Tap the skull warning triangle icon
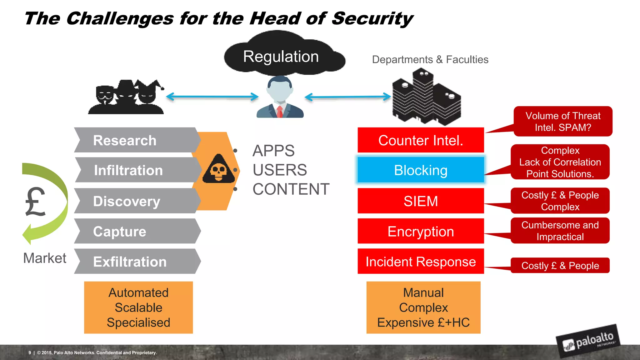(x=219, y=170)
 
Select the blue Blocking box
(x=421, y=170)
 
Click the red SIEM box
(x=421, y=201)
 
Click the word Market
(x=45, y=258)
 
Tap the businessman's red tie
(x=280, y=111)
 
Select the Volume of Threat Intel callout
(x=563, y=122)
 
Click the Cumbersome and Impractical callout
(x=560, y=231)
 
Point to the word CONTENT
(x=291, y=189)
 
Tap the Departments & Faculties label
(x=430, y=60)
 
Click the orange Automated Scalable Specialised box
(x=138, y=307)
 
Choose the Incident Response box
(x=421, y=262)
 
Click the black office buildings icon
(x=426, y=97)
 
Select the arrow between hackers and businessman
(x=212, y=97)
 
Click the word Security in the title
(x=372, y=19)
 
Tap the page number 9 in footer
(x=30, y=352)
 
